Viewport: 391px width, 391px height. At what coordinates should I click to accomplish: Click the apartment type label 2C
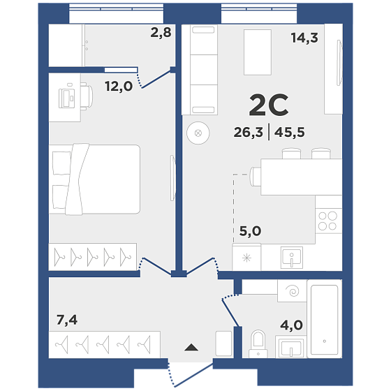[269, 105]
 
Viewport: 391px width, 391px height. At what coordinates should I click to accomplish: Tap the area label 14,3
[304, 38]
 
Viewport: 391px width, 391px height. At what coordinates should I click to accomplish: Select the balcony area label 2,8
[161, 32]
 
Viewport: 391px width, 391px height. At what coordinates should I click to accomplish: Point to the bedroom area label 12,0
[119, 87]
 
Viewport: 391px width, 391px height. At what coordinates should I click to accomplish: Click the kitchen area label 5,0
[250, 231]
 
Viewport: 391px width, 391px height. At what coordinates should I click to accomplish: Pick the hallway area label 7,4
[67, 320]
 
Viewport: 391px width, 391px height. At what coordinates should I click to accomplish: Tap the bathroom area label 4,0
[292, 325]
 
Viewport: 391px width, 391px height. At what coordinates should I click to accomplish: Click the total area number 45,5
[290, 132]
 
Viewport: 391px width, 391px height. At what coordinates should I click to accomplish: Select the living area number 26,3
[248, 132]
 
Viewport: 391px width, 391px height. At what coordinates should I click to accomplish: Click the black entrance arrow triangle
[191, 348]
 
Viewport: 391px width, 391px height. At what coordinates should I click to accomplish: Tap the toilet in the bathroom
[258, 344]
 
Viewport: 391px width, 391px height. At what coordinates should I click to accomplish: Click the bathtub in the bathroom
[325, 319]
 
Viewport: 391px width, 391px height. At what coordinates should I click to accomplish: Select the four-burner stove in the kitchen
[328, 221]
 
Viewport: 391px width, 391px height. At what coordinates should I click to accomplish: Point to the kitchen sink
[292, 258]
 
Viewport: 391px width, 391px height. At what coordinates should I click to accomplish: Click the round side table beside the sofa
[198, 133]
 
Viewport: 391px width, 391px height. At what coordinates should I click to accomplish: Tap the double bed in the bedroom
[94, 179]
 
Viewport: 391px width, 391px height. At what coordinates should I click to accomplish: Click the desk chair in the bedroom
[87, 96]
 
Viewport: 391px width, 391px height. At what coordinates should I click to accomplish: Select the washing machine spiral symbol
[293, 290]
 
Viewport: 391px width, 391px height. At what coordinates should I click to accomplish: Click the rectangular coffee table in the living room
[258, 52]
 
